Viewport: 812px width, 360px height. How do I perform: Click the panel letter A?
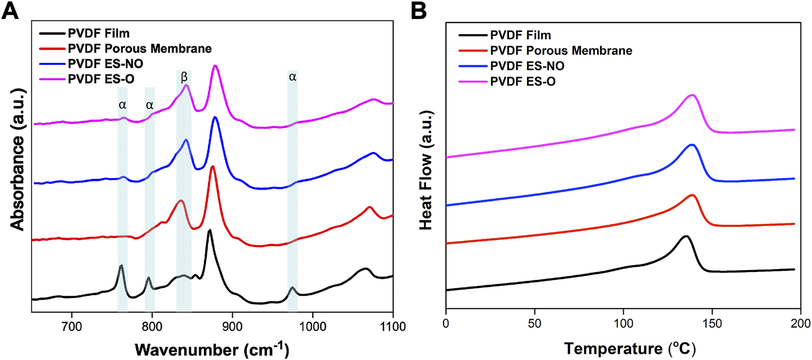click(12, 12)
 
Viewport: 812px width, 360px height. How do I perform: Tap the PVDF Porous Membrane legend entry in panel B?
click(561, 51)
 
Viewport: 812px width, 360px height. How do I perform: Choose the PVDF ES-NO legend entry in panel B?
click(527, 66)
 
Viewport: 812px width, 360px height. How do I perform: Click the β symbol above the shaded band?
click(184, 77)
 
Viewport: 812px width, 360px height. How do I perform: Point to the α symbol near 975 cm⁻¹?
click(293, 77)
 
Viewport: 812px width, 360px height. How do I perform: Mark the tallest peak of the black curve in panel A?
click(210, 230)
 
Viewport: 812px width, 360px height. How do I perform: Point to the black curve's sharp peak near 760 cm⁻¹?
click(121, 266)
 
